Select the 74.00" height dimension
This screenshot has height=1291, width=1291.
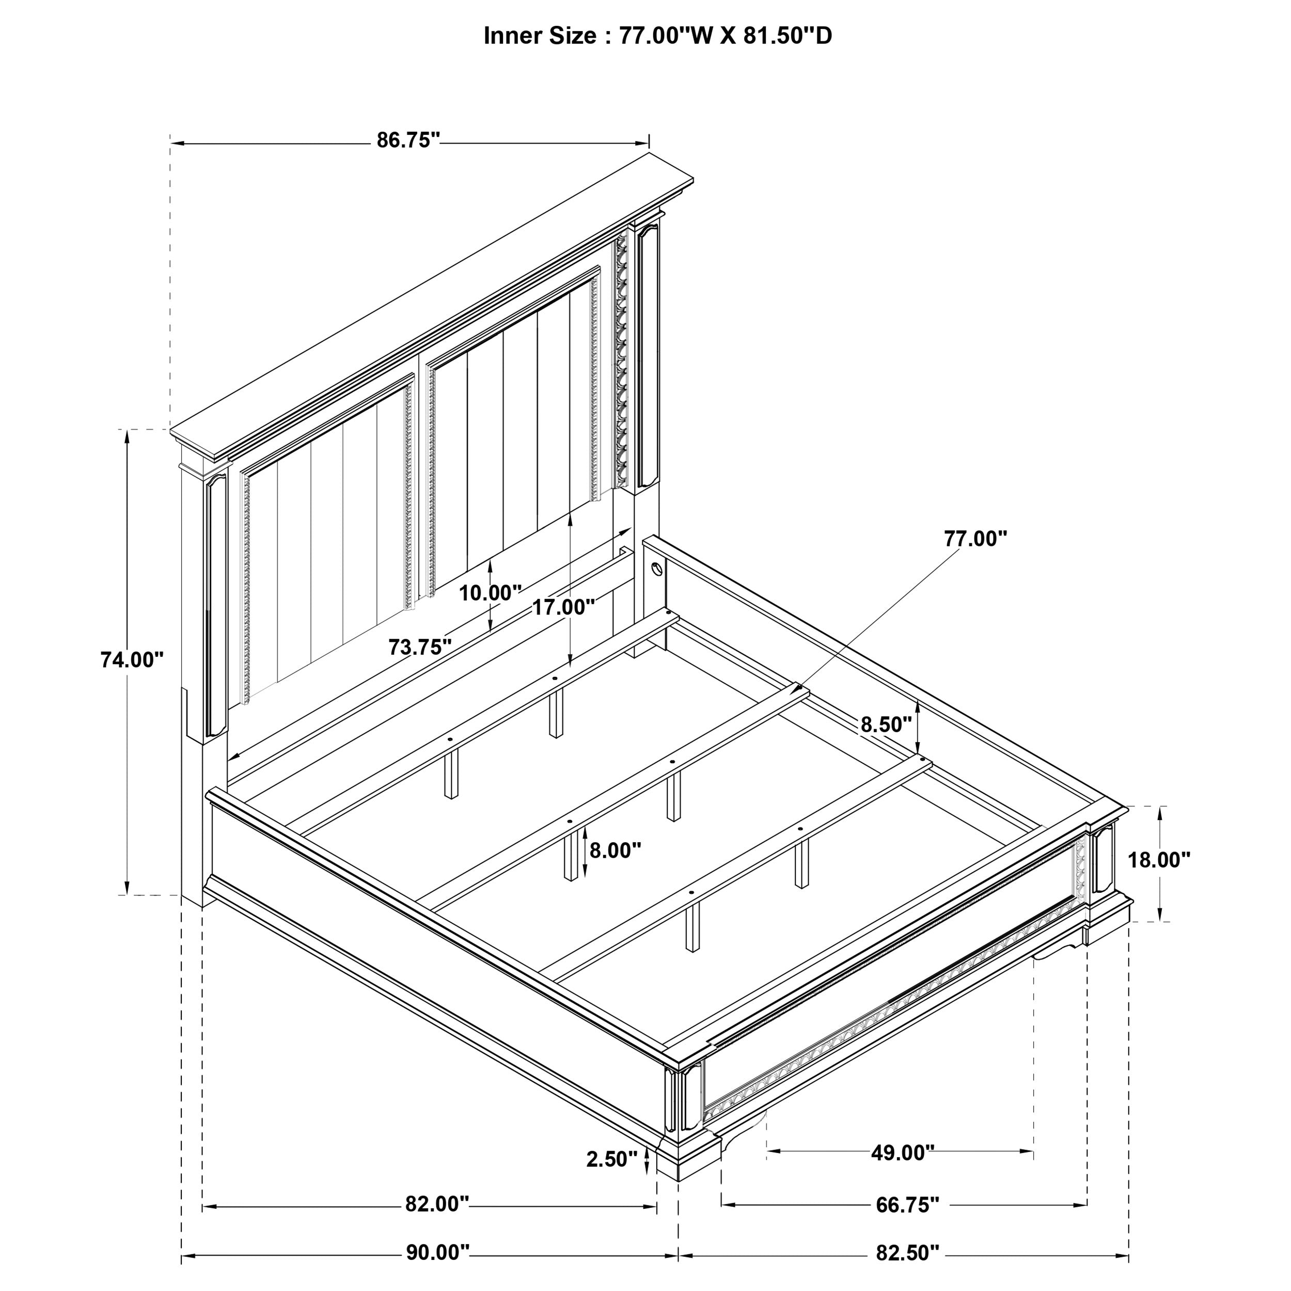click(x=132, y=660)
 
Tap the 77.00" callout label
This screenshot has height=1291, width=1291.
click(x=975, y=539)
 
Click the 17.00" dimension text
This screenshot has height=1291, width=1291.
click(x=563, y=607)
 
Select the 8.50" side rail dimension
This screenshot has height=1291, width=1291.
click(x=886, y=725)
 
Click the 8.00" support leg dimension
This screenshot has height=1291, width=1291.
click(x=615, y=851)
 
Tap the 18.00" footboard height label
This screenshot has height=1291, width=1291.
click(x=1159, y=859)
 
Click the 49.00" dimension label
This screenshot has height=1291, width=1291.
click(x=902, y=1153)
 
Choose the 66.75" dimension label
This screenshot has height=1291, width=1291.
click(x=907, y=1205)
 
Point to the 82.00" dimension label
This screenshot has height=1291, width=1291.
click(x=437, y=1204)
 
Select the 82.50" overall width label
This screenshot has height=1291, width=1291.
click(x=907, y=1253)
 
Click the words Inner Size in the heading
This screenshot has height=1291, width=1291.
click(x=539, y=36)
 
